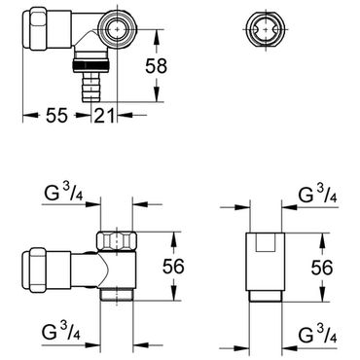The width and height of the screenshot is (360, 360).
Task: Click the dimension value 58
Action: [156, 66]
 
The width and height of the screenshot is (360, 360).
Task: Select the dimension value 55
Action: [56, 115]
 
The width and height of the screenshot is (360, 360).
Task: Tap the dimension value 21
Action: [104, 115]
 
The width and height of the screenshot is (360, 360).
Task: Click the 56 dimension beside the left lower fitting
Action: [173, 267]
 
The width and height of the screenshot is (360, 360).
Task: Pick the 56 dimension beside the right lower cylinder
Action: [322, 268]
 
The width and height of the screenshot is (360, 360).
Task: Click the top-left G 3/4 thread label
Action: [63, 194]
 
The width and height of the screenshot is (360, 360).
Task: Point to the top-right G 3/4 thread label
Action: [318, 194]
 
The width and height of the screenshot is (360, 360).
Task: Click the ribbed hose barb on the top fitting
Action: [91, 87]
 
